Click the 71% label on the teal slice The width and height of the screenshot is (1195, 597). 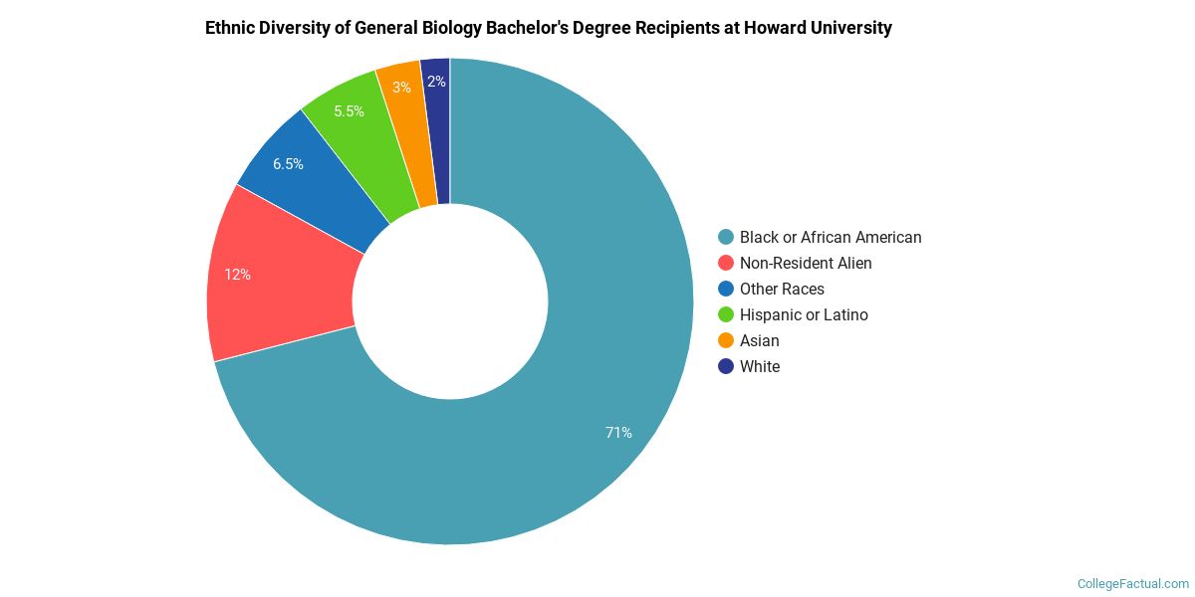point(618,433)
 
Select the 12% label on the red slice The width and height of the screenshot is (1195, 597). point(237,275)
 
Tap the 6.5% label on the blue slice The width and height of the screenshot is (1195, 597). point(288,164)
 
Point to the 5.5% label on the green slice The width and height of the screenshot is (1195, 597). point(349,111)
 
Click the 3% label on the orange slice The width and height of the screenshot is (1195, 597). point(401,88)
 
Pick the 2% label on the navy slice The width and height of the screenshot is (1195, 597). point(436,82)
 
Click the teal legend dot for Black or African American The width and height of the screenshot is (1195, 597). point(726,237)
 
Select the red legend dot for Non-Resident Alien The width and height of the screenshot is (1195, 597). point(726,263)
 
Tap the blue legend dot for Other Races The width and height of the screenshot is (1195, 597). point(726,289)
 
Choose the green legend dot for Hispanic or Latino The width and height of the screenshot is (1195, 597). point(726,314)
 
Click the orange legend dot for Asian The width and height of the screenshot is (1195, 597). point(726,340)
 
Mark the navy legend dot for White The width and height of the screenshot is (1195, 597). point(726,366)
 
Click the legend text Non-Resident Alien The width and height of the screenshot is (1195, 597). point(806,263)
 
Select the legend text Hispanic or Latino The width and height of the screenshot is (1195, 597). point(804,314)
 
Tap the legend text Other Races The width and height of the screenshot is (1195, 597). point(782,289)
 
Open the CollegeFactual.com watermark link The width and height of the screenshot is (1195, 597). point(1133,584)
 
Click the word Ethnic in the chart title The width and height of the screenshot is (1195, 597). point(230,28)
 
